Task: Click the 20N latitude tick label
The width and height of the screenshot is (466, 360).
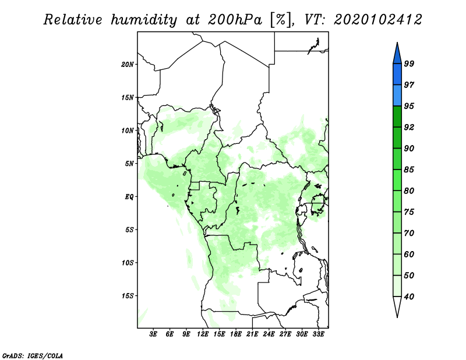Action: click(x=128, y=65)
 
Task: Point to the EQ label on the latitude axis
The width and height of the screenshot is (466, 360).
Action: click(x=129, y=197)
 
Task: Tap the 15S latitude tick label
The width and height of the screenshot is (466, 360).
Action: click(x=128, y=296)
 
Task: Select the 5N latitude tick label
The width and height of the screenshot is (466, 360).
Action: click(x=129, y=164)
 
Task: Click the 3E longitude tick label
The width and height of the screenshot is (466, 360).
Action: click(x=153, y=334)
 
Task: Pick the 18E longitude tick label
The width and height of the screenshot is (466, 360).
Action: click(x=236, y=334)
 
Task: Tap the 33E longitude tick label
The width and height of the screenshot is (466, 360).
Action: click(x=318, y=334)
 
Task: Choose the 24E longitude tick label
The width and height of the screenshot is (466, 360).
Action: click(x=269, y=334)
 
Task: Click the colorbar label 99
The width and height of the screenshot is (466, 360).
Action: click(x=409, y=63)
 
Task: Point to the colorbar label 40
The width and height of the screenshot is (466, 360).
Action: click(x=409, y=297)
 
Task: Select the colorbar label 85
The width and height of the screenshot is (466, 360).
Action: click(x=409, y=170)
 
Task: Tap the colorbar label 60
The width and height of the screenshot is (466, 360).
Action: click(x=409, y=254)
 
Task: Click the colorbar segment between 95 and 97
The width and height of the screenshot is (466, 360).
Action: click(x=397, y=96)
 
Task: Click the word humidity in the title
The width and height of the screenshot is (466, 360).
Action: click(x=144, y=20)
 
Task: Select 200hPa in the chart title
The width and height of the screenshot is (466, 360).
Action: click(x=235, y=20)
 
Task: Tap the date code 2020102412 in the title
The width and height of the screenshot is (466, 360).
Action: click(x=377, y=20)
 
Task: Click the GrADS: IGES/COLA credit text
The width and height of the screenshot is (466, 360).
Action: click(x=33, y=356)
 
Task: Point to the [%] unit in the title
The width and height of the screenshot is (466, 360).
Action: click(x=281, y=20)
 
